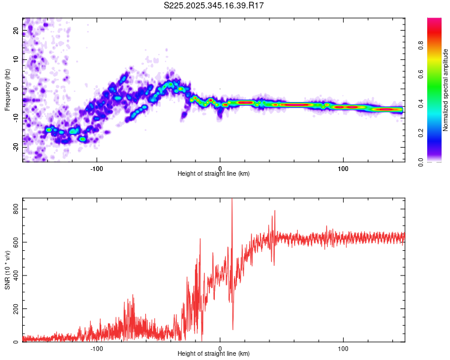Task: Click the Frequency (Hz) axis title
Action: point(7,90)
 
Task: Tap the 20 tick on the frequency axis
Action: point(16,31)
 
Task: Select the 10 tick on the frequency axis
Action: point(16,60)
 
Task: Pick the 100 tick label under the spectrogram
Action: point(343,168)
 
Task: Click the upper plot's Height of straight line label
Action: point(214,174)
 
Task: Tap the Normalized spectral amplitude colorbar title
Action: point(446,90)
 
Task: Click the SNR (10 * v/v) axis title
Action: point(7,270)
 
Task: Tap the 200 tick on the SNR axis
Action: point(13,308)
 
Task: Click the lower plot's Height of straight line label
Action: point(214,354)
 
